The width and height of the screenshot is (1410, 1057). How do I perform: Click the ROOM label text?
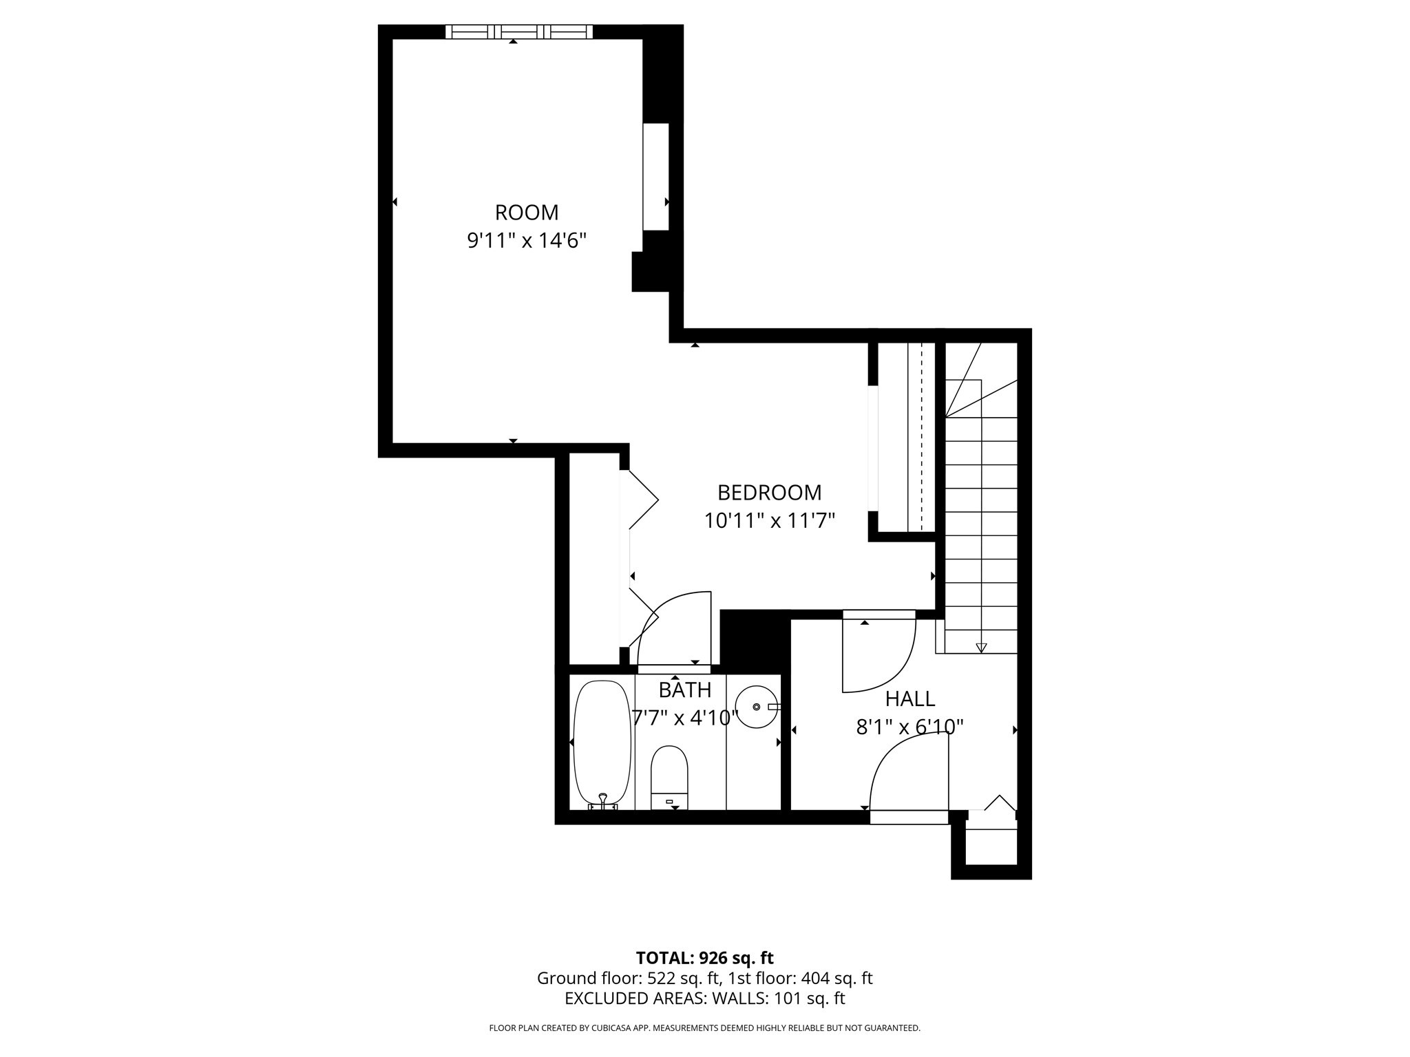pos(527,212)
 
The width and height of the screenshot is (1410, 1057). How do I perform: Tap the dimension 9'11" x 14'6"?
pos(527,241)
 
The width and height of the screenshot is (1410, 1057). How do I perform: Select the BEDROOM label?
pos(769,493)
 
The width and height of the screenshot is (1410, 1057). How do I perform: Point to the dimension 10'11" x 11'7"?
pos(769,521)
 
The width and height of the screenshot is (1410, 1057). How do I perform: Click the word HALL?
pos(909,699)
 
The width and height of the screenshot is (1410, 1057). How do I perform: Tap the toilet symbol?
pos(669,776)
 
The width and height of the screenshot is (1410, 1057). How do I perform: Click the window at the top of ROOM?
pos(518,32)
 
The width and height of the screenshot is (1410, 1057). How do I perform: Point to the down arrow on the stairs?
pos(981,648)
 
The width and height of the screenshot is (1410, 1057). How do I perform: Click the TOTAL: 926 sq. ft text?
pos(704,958)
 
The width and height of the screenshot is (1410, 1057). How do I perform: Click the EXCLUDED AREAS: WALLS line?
pos(704,999)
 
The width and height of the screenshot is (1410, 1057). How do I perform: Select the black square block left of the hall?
pos(755,641)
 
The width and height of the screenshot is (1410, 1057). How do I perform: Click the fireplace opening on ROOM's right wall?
pos(655,177)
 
